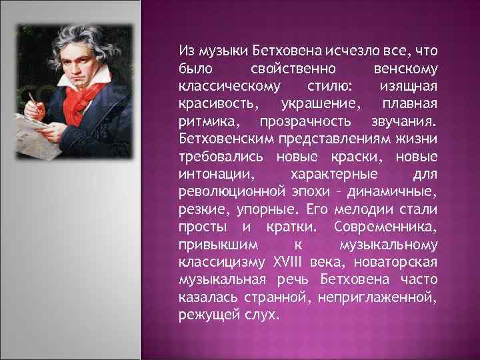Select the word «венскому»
point(405,69)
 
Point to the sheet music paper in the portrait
point(47,130)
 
